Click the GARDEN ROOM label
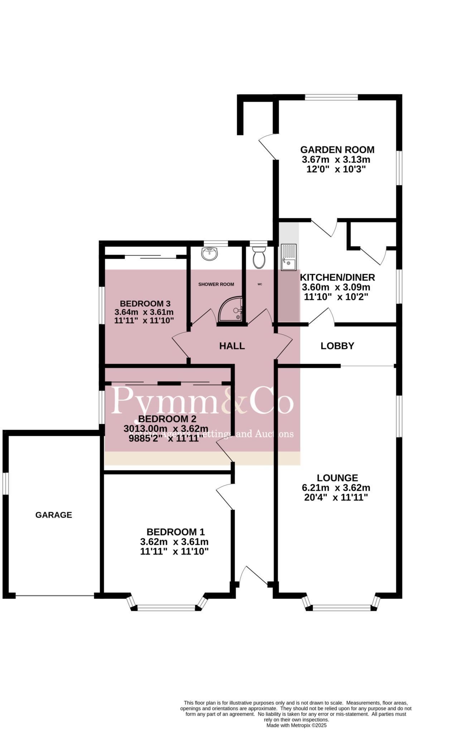point(337,149)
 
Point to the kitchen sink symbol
point(288,257)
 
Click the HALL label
point(232,346)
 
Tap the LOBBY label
point(337,346)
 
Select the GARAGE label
point(54,515)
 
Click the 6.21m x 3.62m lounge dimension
point(336,488)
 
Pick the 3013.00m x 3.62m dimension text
point(165,429)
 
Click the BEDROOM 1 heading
point(175,532)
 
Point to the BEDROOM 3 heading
point(145,302)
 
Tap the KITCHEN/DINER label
point(337,277)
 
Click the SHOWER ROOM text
point(216,284)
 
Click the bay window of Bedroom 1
point(167,607)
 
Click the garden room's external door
point(267,147)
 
